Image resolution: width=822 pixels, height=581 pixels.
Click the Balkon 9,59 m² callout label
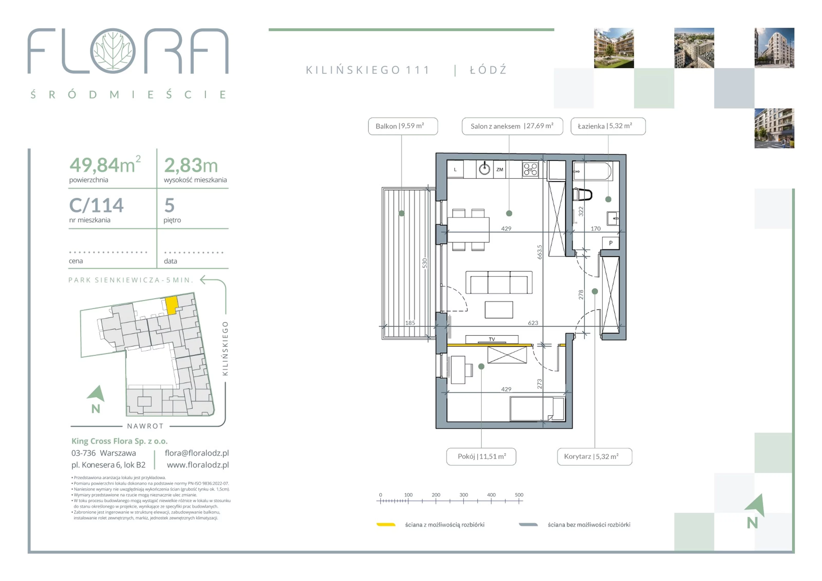pos(403,126)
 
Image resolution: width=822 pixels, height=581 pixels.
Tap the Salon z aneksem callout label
pos(512,126)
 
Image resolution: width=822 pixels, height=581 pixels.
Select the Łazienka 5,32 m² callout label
pos(608,126)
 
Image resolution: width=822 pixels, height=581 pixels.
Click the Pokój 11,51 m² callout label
pos(481,456)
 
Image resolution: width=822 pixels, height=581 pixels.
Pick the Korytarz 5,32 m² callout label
pos(594,456)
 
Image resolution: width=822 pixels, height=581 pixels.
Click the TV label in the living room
pos(492,339)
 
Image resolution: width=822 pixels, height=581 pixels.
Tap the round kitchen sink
pos(484,169)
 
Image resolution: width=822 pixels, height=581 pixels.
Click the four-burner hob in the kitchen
pos(530,169)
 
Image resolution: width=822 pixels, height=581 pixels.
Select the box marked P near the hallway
pos(611,243)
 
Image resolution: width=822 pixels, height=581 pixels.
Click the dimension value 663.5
pos(539,252)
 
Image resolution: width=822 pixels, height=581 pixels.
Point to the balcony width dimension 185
pos(410,323)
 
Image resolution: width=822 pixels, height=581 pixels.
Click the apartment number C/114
pos(96,206)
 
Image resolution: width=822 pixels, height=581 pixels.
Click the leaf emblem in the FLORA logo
pos(113,51)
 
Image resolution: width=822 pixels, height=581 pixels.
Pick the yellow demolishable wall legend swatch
pos(386,525)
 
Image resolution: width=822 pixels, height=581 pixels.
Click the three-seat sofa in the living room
pos(499,282)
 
